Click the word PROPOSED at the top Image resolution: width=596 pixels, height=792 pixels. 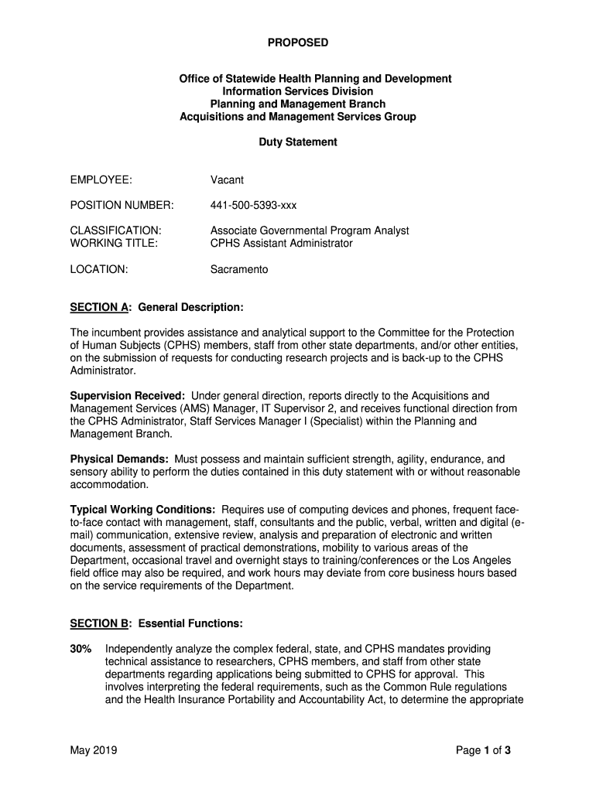coord(298,43)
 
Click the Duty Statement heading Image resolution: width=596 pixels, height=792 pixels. coord(298,142)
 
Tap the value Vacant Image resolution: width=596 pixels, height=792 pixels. coord(227,180)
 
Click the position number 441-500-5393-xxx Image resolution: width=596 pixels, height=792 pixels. coord(253,206)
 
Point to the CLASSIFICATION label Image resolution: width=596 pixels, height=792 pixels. coord(115,230)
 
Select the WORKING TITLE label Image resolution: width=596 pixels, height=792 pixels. coord(114,243)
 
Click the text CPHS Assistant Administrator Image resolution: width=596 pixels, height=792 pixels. coord(281,243)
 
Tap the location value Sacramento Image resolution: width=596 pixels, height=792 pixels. coord(239,270)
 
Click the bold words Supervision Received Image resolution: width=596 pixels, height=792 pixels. coord(127,396)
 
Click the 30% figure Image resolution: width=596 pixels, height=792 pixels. coord(82,649)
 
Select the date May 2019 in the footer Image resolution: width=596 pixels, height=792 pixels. coord(93,750)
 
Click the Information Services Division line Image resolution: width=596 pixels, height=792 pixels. coord(298,91)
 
